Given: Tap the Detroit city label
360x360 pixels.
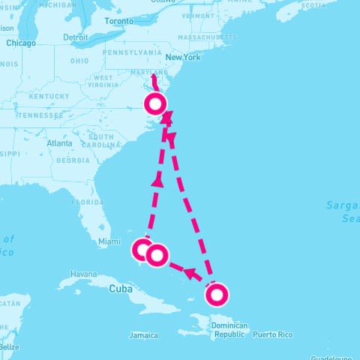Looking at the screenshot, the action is click(76, 37).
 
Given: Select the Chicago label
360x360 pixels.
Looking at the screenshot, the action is click(21, 43).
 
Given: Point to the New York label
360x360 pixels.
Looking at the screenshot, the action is click(184, 58).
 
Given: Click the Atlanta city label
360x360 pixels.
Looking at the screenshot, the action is click(59, 142).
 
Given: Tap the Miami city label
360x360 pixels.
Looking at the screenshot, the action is click(109, 241).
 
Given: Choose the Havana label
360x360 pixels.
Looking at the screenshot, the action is click(83, 274).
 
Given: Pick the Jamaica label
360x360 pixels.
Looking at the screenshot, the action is click(143, 335).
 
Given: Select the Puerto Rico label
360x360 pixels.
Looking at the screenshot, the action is click(271, 334).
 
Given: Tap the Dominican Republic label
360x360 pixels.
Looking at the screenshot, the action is click(229, 330).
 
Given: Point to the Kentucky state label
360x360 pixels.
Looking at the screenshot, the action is click(49, 97).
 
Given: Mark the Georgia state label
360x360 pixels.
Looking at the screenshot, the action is click(73, 160).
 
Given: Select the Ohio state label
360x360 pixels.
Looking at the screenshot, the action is click(79, 61).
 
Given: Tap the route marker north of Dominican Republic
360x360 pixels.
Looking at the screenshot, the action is click(216, 295).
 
